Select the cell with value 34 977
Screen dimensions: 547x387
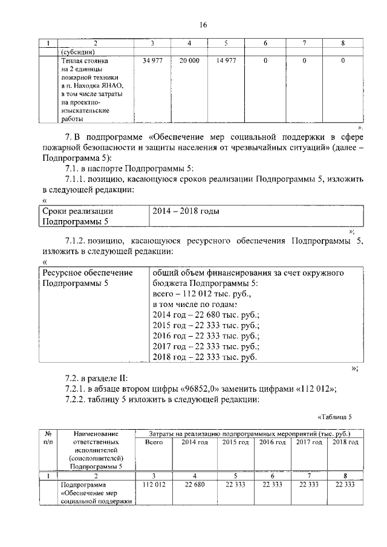pyautogui.click(x=152, y=61)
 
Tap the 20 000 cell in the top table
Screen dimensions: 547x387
pyautogui.click(x=189, y=61)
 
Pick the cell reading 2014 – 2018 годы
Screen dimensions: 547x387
pyautogui.click(x=186, y=212)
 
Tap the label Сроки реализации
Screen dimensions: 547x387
pyautogui.click(x=77, y=212)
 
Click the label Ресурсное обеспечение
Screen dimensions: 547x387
pyautogui.click(x=87, y=273)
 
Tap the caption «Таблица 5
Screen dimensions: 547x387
pyautogui.click(x=334, y=417)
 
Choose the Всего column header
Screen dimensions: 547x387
pyautogui.click(x=154, y=442)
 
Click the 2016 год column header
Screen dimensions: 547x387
pyautogui.click(x=272, y=442)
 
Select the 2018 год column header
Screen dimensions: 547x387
pyautogui.click(x=345, y=442)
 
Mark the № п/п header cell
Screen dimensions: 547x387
pyautogui.click(x=47, y=438)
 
